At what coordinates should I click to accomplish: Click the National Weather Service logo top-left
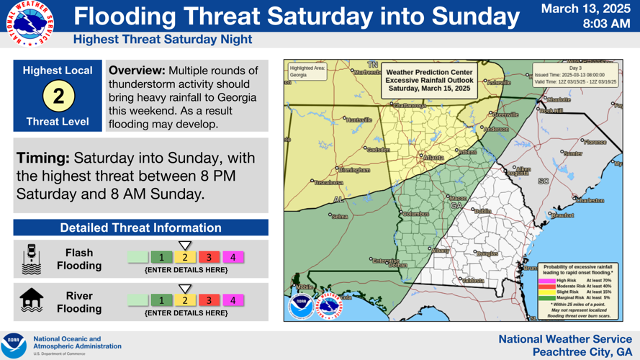(27, 24)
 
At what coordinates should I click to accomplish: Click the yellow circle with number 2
(58, 96)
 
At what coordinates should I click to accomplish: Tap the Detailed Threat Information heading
(140, 228)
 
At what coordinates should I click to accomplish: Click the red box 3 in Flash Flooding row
(209, 257)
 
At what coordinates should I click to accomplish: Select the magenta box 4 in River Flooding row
(233, 300)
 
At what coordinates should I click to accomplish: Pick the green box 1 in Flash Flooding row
(162, 257)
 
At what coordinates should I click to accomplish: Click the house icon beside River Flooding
(32, 300)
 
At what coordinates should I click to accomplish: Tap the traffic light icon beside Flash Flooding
(32, 259)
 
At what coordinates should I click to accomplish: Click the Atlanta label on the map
(433, 157)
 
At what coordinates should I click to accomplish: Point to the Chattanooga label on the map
(409, 106)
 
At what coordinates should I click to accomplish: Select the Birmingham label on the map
(355, 171)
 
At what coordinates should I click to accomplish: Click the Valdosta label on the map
(472, 280)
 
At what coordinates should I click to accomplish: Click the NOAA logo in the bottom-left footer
(14, 345)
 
